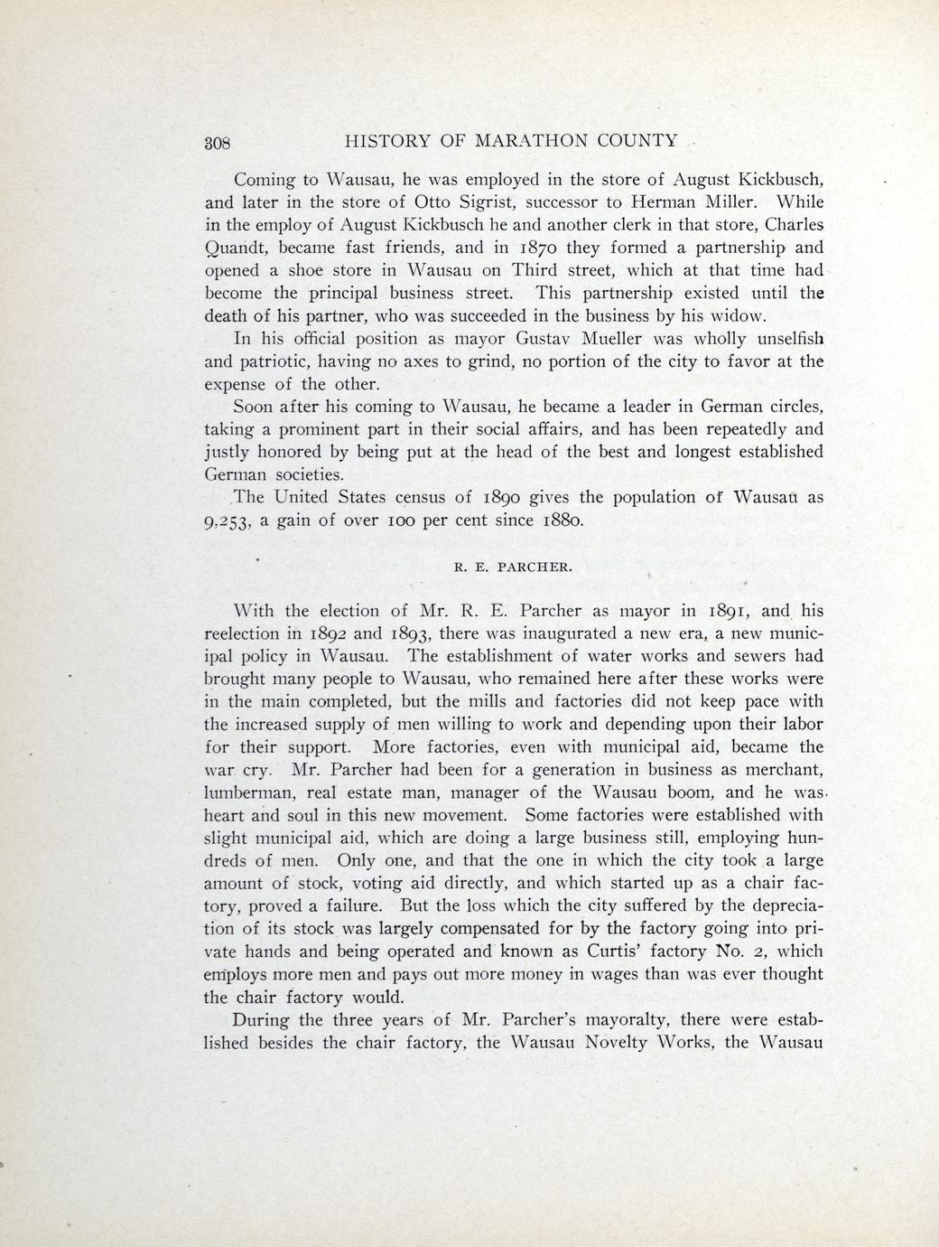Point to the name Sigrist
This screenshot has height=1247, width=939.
coord(449,201)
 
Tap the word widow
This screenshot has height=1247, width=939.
coord(740,316)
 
